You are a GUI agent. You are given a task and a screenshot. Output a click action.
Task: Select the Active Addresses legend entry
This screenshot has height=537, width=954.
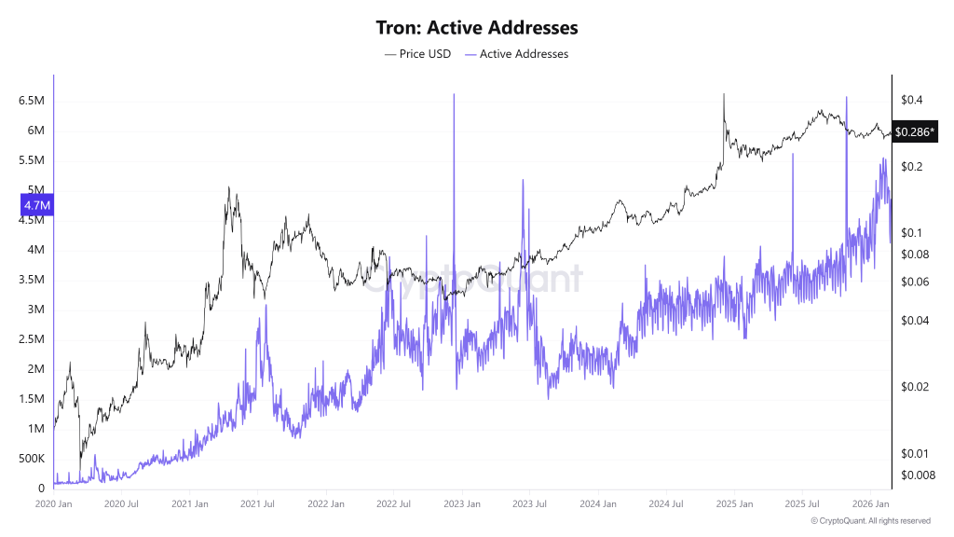[x=523, y=54]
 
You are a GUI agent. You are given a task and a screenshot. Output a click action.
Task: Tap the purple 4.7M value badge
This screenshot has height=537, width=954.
[x=37, y=205]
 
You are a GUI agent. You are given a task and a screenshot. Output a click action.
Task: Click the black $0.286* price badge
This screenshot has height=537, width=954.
[x=914, y=132]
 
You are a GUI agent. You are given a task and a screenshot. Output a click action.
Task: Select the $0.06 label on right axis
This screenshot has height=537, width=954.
[x=913, y=282]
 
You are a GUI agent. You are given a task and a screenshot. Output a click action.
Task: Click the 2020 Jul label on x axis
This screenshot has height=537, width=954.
[x=121, y=504]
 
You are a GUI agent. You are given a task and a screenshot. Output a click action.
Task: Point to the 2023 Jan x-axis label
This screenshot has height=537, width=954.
[x=461, y=504]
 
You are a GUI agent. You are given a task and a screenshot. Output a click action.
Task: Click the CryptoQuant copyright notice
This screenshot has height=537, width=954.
[x=870, y=521]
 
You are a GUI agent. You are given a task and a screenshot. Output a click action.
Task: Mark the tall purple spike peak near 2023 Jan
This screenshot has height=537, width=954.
[x=454, y=95]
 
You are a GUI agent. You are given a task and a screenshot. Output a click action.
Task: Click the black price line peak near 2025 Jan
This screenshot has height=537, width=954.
[x=724, y=94]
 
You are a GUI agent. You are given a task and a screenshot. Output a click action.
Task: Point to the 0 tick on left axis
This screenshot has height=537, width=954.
[x=41, y=489]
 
